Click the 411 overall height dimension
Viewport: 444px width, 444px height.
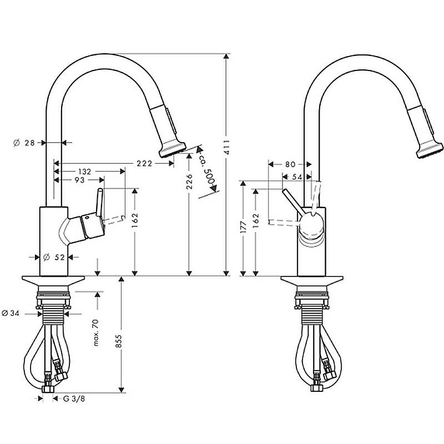point(226,147)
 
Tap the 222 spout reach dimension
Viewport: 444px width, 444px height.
point(144,163)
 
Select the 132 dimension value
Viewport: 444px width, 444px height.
point(85,171)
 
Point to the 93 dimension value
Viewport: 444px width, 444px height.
point(80,180)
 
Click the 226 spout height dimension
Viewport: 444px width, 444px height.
point(189,181)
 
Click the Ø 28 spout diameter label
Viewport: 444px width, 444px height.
point(24,143)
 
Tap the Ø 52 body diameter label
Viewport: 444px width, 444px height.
point(54,258)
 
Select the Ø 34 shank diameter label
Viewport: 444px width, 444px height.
point(11,313)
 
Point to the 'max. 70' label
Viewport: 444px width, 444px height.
point(96,332)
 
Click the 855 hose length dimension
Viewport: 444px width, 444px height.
point(119,341)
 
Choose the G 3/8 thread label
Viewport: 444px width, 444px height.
point(74,398)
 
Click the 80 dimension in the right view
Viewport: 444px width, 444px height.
point(290,164)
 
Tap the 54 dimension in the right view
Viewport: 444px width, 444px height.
point(297,177)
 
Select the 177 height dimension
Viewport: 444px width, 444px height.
point(243,227)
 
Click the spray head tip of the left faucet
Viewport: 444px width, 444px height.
point(173,149)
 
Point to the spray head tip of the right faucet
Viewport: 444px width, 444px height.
point(430,150)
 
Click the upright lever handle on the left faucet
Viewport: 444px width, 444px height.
point(99,203)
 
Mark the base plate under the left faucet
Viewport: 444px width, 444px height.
point(53,281)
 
